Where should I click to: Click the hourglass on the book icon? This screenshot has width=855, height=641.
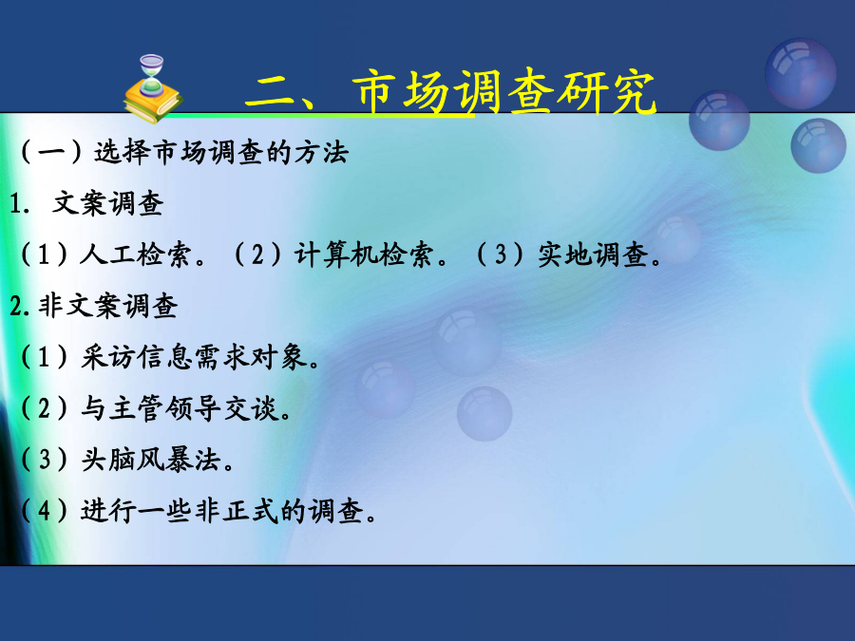click(x=151, y=75)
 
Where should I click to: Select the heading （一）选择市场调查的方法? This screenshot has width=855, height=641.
click(x=183, y=152)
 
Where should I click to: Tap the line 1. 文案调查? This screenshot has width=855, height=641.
click(x=86, y=203)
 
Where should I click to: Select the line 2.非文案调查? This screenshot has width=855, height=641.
click(x=94, y=306)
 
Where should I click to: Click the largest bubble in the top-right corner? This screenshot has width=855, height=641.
click(x=800, y=73)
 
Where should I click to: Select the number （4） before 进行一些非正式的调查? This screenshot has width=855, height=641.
click(x=44, y=511)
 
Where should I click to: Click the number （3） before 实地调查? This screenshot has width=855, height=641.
click(x=500, y=255)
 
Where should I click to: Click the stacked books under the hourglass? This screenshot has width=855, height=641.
click(x=153, y=102)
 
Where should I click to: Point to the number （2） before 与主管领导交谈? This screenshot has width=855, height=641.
click(x=44, y=408)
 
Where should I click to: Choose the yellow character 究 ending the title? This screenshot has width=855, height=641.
click(x=633, y=92)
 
